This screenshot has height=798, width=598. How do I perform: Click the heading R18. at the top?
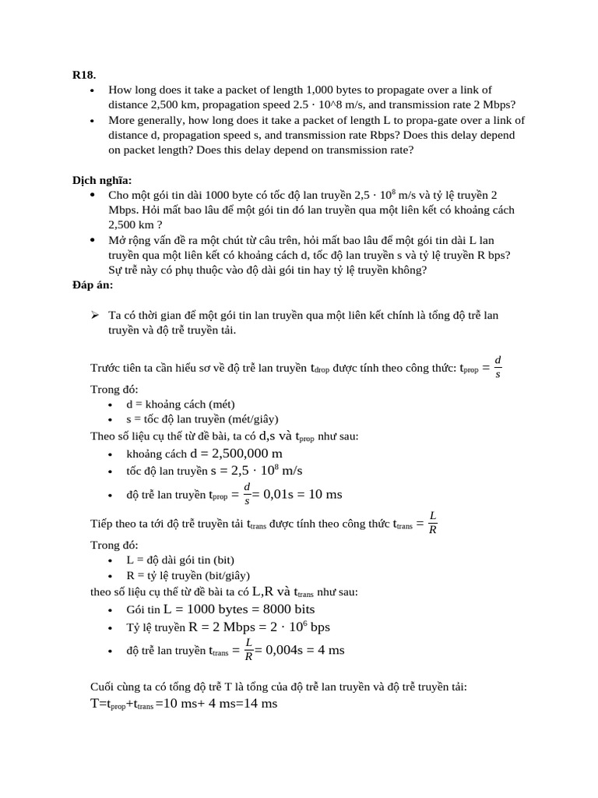point(84,75)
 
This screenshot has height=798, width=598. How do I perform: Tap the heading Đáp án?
point(93,285)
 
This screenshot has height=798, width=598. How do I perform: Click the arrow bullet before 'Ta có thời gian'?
point(95,315)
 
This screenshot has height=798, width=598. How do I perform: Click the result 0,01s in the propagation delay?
point(277,494)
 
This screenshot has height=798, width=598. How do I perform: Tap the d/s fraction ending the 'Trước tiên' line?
point(498,366)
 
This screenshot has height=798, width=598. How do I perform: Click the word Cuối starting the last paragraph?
point(103,687)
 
